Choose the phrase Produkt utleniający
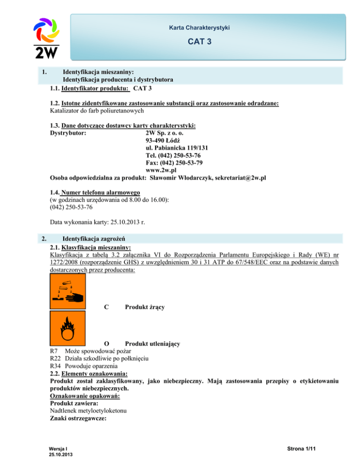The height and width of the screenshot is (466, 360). tap(152, 344)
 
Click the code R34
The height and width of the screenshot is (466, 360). tap(56, 366)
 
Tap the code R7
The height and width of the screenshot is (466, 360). tap(54, 351)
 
